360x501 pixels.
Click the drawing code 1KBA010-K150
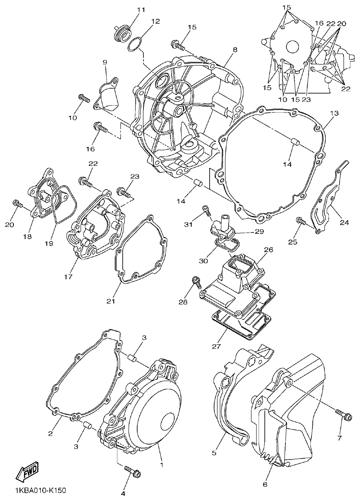point(40,491)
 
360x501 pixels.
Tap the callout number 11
point(129,10)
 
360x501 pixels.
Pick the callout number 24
point(344,223)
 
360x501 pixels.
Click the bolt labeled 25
point(301,221)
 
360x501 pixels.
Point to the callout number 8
point(234,50)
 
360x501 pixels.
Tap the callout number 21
point(111,301)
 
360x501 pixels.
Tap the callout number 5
point(214,453)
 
